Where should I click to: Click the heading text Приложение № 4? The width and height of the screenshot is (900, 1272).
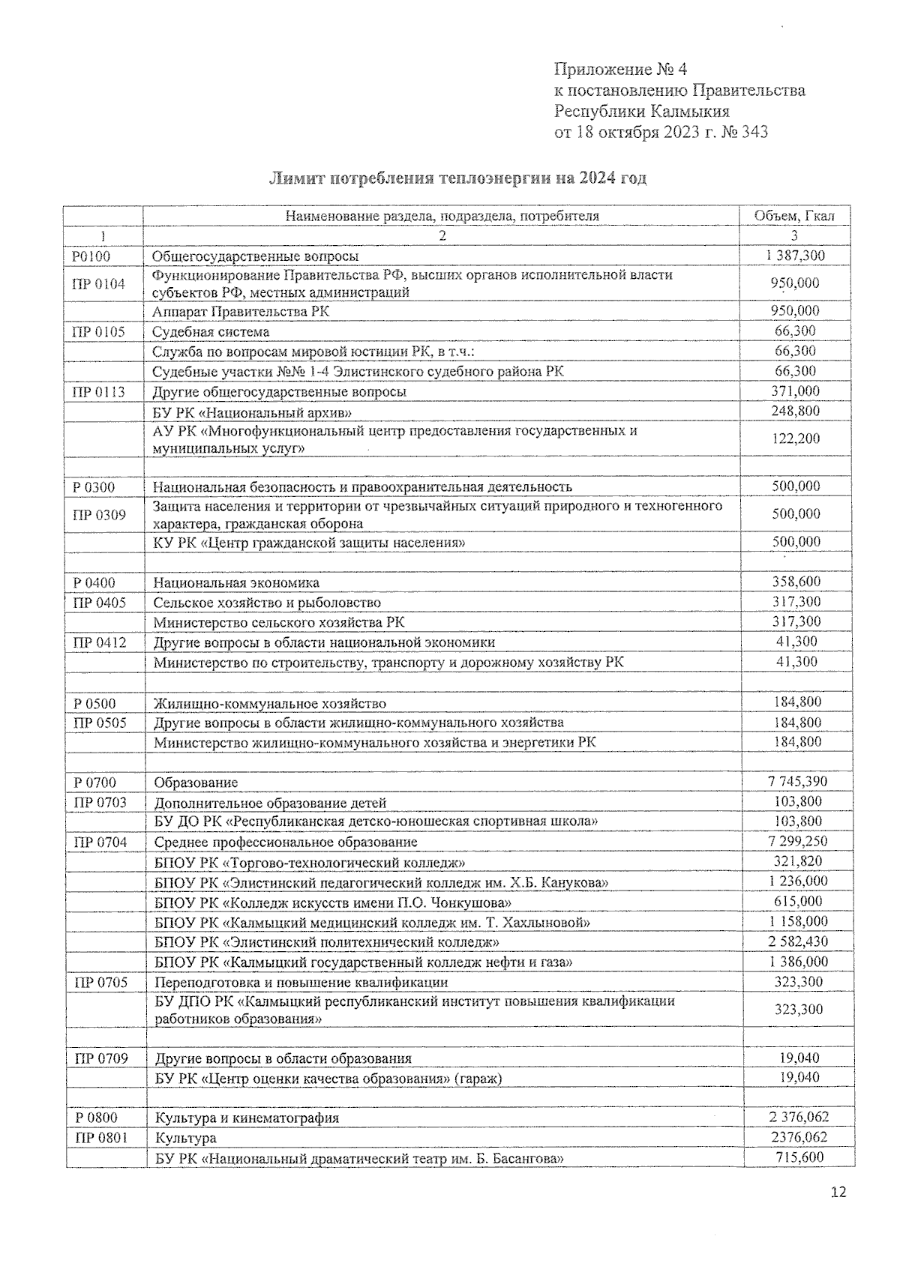pos(620,70)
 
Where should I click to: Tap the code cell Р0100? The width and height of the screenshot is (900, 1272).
pos(91,256)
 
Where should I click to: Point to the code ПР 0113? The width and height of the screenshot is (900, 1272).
pos(98,391)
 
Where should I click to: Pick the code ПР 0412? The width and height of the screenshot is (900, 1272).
pos(99,642)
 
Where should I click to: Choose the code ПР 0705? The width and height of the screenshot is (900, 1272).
pos(100,982)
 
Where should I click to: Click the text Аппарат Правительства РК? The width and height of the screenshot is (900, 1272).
pos(241,311)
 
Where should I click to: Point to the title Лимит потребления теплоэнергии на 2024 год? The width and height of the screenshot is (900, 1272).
pos(457,178)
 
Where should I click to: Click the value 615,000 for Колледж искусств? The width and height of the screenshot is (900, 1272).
pos(798,901)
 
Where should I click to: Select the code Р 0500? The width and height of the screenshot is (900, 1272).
pos(95,703)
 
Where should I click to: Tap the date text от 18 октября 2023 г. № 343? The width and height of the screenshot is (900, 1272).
pos(661,133)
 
